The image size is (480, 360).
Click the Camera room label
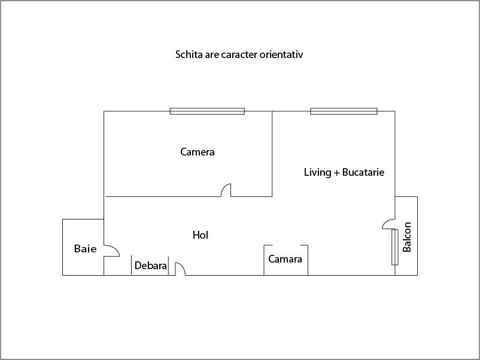pos(198,152)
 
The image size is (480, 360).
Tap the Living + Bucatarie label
pos(344,172)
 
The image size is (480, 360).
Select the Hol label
pos(200,235)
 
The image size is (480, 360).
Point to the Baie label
pos(85,248)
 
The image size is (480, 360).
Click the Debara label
pos(151,266)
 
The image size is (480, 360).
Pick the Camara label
pos(285,260)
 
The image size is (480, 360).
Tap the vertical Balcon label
pos(407,237)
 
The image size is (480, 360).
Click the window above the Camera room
pos(207,111)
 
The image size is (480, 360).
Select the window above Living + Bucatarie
pos(344,111)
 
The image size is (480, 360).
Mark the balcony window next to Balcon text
pos(395,246)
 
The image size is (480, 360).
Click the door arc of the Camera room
pos(226,190)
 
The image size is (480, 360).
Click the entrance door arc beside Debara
pos(180,269)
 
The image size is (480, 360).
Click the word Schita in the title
pos(188,54)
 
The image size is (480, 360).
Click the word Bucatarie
pos(363,172)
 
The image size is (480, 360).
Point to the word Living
pos(317,172)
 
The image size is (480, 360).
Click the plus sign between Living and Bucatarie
pos(337,173)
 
